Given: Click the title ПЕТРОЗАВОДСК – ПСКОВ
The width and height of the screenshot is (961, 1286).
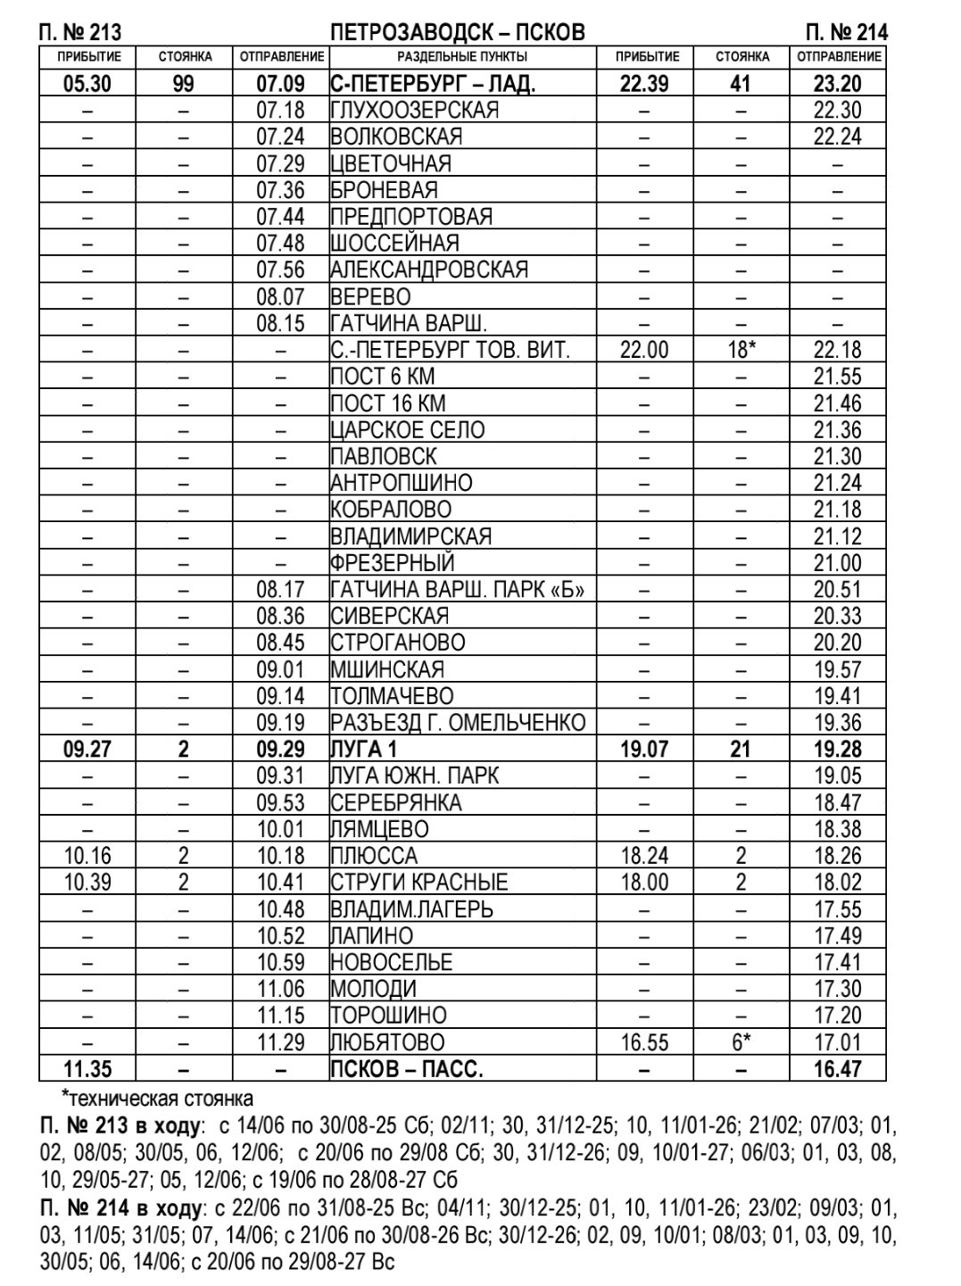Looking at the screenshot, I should pos(457,33).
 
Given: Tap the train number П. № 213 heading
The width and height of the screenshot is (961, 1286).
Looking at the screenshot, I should pos(80,33).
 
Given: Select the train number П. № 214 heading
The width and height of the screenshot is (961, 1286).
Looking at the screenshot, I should pos(846,33).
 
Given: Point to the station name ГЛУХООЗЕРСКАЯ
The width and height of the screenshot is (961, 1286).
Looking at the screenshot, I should pos(414,111).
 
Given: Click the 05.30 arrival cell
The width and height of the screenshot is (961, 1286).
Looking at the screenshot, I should pos(87,85).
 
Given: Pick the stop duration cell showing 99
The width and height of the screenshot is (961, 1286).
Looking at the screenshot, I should pos(185,85).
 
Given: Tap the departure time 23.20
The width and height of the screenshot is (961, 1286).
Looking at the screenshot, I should pos(838,85).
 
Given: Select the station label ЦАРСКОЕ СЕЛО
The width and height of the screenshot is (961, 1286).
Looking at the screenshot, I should pos(407,430).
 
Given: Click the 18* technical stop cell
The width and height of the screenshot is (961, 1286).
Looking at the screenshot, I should pos(741,350).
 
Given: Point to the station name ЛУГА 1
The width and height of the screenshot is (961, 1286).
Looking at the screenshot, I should pos(363,750).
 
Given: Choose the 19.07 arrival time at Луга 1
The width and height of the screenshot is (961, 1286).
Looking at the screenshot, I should pos(644,750).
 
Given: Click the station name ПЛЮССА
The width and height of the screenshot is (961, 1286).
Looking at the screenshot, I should pos(373,856).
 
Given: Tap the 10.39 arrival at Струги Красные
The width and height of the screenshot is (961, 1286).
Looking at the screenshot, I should pos(87,883).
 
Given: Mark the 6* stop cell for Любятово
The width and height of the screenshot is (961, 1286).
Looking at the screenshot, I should pos(741,1042).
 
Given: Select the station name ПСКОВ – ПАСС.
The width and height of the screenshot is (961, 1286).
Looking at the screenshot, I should pos(406,1069).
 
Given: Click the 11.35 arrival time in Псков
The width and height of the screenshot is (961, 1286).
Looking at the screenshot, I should pos(87,1069).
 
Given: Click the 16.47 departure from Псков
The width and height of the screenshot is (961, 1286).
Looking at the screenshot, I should pos(838,1069).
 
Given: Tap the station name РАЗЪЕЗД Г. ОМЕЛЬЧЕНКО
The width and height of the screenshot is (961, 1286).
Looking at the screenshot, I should pos(458,723).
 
